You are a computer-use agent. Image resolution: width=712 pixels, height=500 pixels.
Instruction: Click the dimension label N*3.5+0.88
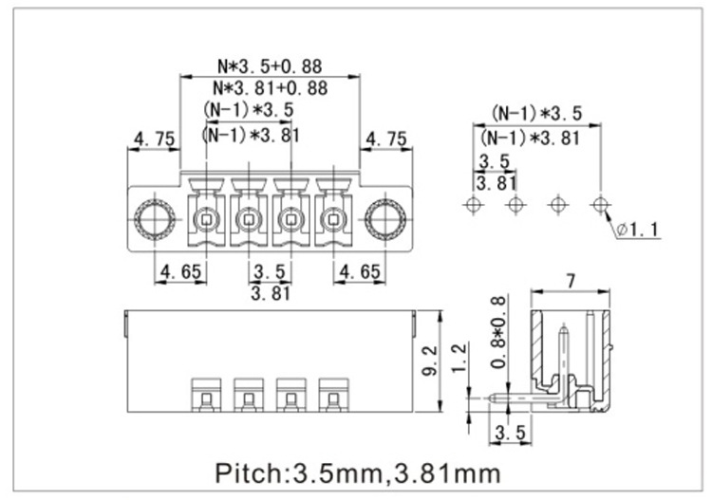pos(271,66)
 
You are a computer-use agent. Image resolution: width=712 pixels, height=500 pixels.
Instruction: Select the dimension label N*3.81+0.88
pos(271,87)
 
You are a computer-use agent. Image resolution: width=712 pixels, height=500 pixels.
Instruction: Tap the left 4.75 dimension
pos(154,139)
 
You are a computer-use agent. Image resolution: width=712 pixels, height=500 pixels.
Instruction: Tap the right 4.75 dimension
pos(385,139)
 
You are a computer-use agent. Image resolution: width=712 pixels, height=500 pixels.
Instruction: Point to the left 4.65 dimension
pos(180,272)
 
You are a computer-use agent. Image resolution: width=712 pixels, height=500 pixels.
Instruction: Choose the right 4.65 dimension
pos(359,272)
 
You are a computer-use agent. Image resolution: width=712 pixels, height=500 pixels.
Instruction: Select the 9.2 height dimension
pos(429,360)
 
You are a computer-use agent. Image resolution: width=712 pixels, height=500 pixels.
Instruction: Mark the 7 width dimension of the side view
pos(571,280)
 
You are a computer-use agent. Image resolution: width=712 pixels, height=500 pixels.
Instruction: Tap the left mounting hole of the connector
pos(153,222)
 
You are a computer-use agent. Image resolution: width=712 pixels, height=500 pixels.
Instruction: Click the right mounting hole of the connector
pos(385,222)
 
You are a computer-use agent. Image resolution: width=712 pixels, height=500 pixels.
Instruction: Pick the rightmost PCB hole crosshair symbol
pos(599,204)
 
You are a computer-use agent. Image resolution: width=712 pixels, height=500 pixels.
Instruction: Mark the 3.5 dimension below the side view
pos(510,435)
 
